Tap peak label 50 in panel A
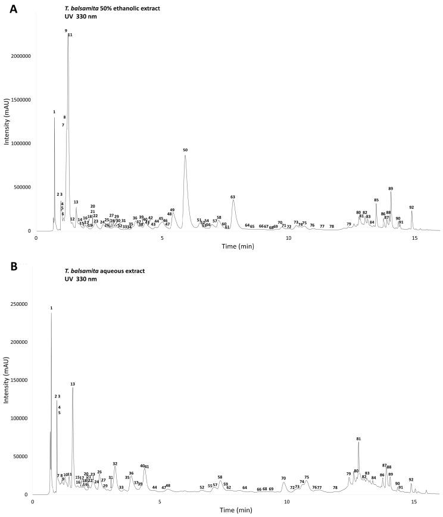coord(185,151)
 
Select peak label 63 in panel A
coord(233,196)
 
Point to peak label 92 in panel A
coord(411,208)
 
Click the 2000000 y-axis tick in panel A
coord(20,56)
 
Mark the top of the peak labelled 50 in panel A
coord(185,156)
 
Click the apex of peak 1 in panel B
coord(51,312)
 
